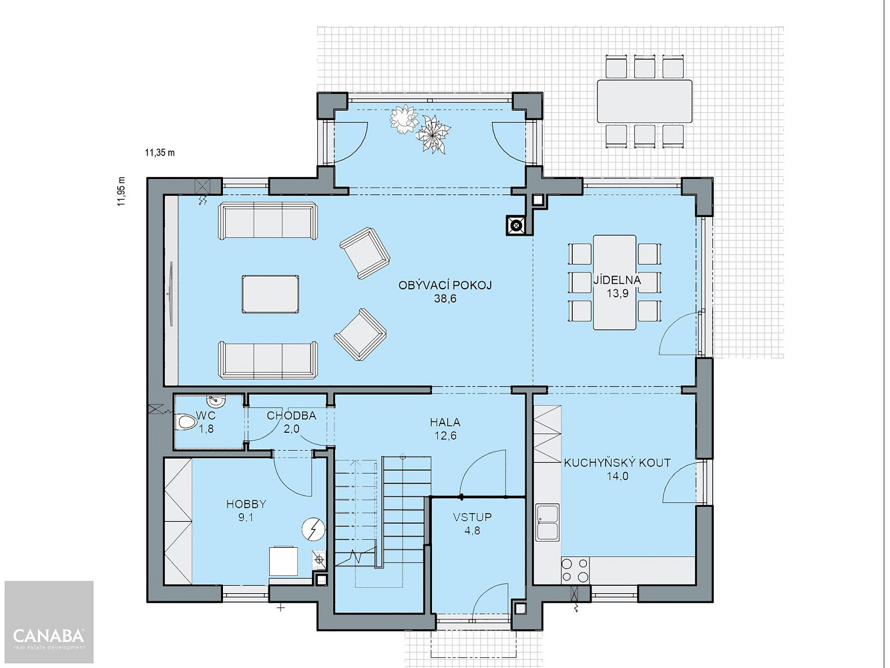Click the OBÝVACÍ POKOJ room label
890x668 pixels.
(445, 285)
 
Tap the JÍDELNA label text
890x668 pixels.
(617, 280)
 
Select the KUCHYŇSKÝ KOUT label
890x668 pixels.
(617, 463)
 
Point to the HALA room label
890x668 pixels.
(445, 422)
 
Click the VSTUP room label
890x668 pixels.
(472, 517)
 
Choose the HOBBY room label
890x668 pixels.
(246, 504)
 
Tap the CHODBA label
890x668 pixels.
(291, 415)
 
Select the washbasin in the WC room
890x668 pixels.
(214, 401)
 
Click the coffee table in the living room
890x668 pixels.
(270, 294)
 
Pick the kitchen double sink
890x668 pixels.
(547, 522)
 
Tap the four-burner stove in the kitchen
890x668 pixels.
(575, 570)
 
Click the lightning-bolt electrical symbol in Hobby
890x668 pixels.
(313, 529)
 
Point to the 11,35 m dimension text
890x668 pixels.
(160, 153)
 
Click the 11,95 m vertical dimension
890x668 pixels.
(122, 192)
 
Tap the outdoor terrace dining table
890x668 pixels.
(644, 101)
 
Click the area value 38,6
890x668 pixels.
(445, 299)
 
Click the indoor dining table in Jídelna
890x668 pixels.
(614, 283)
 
